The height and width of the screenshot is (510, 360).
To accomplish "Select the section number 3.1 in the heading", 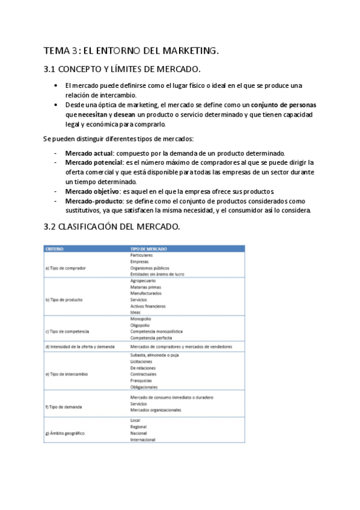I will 50,70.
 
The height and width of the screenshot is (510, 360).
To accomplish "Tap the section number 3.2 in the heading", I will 50,227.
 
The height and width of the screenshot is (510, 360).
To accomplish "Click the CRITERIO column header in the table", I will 55,248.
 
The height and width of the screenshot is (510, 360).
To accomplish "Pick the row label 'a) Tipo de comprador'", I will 66,268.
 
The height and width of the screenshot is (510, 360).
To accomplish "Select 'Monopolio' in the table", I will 141,319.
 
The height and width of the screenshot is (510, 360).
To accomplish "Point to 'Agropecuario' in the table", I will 143,281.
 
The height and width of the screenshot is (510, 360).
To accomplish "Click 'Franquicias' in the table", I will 141,380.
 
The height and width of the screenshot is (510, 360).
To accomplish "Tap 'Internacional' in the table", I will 142,440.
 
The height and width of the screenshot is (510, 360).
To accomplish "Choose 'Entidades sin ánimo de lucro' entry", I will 157,274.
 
